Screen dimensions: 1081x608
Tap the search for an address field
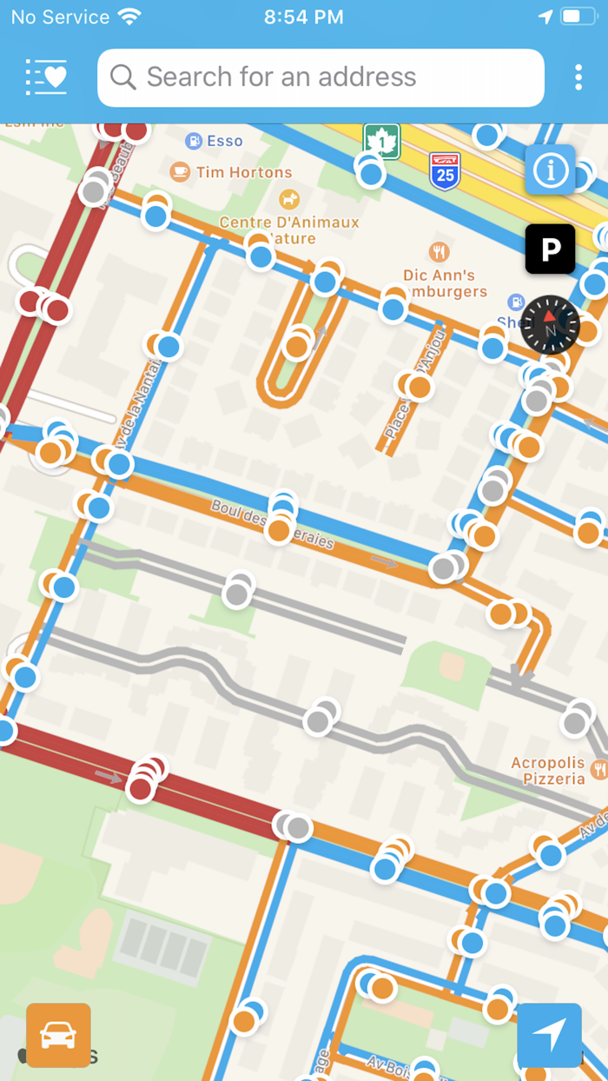[x=321, y=77]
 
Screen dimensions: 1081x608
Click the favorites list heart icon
[x=47, y=77]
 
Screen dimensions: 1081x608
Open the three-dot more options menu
[x=578, y=77]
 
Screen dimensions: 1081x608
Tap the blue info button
[x=550, y=169]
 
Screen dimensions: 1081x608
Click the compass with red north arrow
[x=550, y=325]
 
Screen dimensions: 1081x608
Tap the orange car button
[x=58, y=1035]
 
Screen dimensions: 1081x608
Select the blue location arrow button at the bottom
[x=549, y=1035]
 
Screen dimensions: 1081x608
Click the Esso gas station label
[x=224, y=141]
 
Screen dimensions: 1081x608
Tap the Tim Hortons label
[x=243, y=172]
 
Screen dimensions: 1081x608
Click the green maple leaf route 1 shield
[x=381, y=141]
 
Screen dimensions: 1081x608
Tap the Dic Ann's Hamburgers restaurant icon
[x=439, y=252]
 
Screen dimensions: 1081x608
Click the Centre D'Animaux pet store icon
[x=288, y=200]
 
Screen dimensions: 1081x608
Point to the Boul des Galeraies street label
[x=272, y=522]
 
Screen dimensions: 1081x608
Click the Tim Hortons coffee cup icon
[x=180, y=172]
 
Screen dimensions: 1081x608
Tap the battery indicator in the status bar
[x=578, y=17]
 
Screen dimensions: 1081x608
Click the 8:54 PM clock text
[x=303, y=17]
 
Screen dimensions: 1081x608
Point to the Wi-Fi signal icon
[x=129, y=17]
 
